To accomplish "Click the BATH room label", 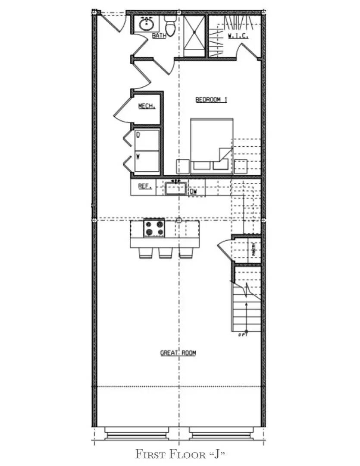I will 159,36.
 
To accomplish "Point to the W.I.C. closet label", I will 238,36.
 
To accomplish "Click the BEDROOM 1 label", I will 211,100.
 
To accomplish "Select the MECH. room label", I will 147,106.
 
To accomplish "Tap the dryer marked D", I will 147,139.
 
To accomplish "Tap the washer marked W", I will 147,161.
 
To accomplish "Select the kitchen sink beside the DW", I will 175,189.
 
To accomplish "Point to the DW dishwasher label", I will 193,191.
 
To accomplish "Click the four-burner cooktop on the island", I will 154,228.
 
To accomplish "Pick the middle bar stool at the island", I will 165,253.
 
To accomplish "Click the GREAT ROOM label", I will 178,353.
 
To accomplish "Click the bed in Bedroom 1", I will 211,145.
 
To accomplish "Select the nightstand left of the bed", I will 183,167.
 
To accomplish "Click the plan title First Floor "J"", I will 180,454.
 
